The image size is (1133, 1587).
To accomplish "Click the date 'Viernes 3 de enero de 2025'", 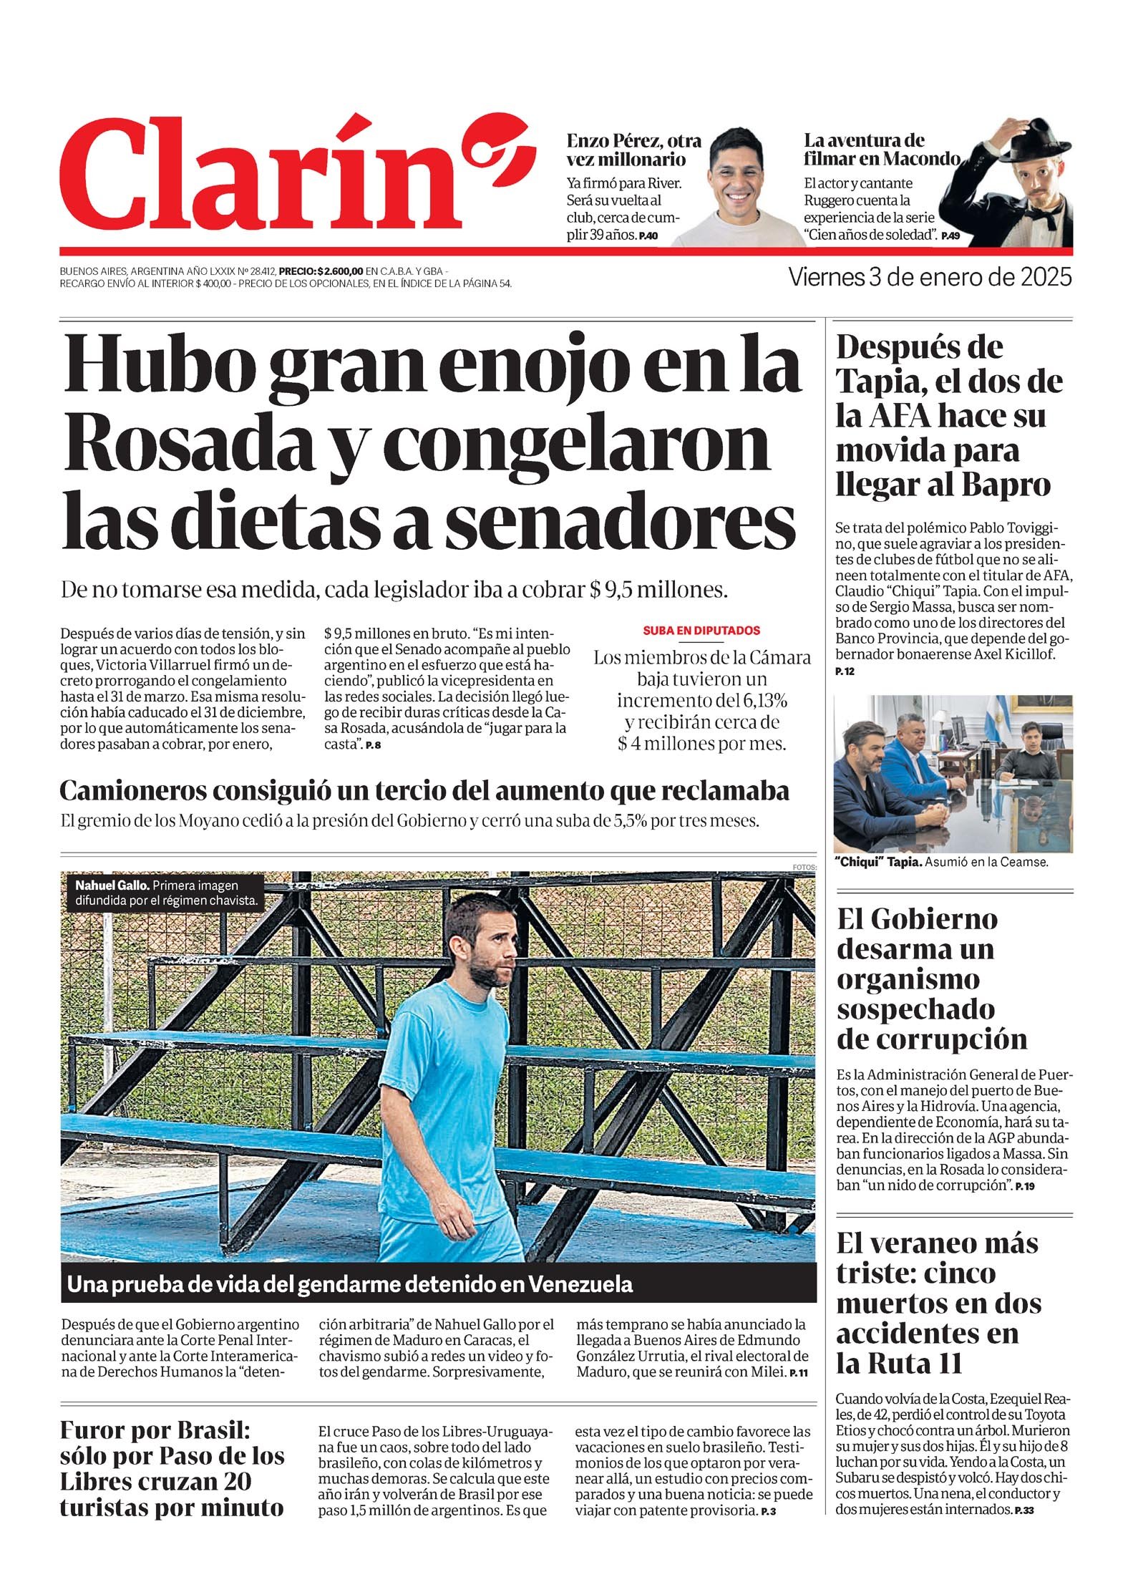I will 930,277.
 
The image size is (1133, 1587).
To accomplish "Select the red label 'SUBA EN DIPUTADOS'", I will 701,631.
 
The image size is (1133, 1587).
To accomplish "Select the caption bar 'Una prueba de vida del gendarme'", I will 350,1284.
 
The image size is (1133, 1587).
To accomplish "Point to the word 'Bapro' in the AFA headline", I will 1006,485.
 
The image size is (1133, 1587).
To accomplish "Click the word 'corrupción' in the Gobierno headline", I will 931,1038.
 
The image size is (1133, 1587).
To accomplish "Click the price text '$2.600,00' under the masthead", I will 340,271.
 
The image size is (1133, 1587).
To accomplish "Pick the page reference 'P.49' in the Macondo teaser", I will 950,236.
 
